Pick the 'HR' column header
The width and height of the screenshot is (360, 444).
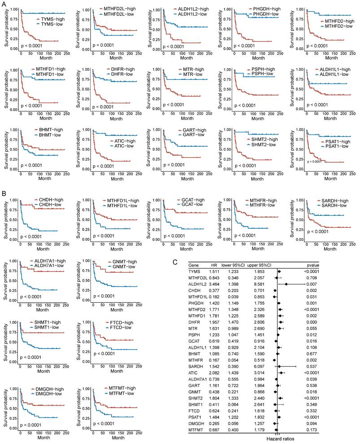[x=214, y=265]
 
